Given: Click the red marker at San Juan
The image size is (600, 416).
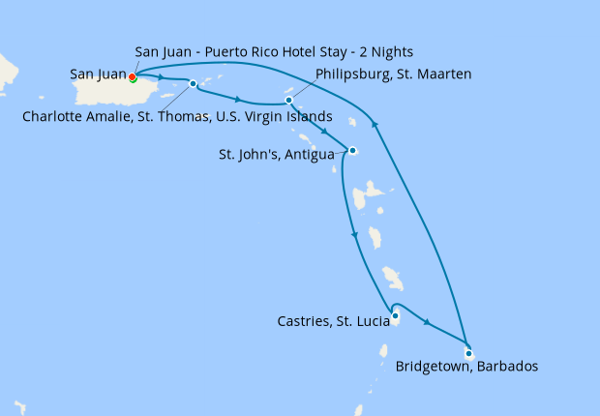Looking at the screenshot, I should coord(133,77).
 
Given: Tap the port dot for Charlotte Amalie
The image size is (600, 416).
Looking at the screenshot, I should coord(194,83).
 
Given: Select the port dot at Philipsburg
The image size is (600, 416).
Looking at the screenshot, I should coord(288,100).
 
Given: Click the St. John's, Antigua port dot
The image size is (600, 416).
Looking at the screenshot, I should coord(353,150).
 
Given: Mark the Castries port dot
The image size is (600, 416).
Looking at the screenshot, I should coord(395,314).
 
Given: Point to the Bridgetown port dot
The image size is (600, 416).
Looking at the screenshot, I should coord(468,353).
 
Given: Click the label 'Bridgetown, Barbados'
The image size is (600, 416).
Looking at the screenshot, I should coord(466,367).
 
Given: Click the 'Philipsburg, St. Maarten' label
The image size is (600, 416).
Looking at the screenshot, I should coord(394,74).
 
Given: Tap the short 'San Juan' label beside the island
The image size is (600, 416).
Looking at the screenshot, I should coord(97,73).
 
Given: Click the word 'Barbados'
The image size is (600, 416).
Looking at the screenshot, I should coord(505,367).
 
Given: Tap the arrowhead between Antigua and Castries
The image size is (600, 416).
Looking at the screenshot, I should coord(354,235).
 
